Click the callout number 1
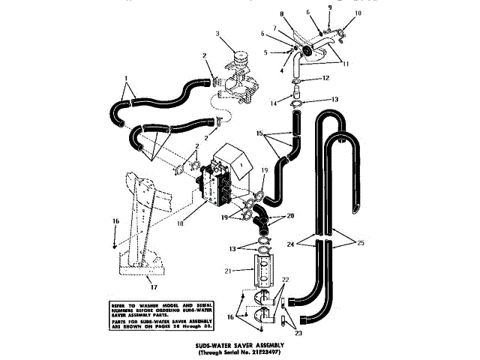tap(127, 78)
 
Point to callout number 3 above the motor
tap(217, 34)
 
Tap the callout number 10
tap(358, 13)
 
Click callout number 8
tap(283, 13)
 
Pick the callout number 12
tap(326, 78)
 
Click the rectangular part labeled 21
tap(262, 271)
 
